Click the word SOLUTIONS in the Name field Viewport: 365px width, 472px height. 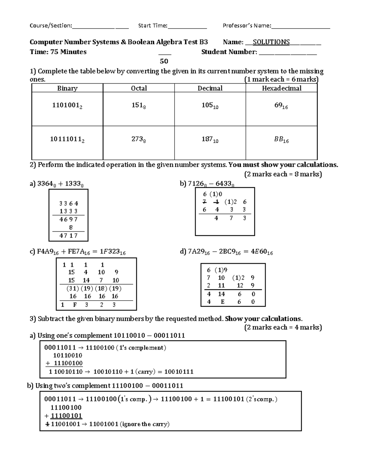click(x=269, y=42)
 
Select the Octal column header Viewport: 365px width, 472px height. click(x=139, y=88)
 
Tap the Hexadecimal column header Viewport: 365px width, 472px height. click(x=282, y=88)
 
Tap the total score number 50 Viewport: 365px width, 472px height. click(x=164, y=61)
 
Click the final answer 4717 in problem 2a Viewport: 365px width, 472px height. click(x=69, y=236)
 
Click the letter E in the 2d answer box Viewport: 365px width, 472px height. click(x=222, y=302)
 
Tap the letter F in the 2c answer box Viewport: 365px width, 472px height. click(x=75, y=305)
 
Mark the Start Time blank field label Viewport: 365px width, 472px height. click(x=153, y=26)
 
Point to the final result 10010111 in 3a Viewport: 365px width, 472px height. click(x=179, y=371)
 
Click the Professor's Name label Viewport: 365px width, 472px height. click(x=247, y=26)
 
